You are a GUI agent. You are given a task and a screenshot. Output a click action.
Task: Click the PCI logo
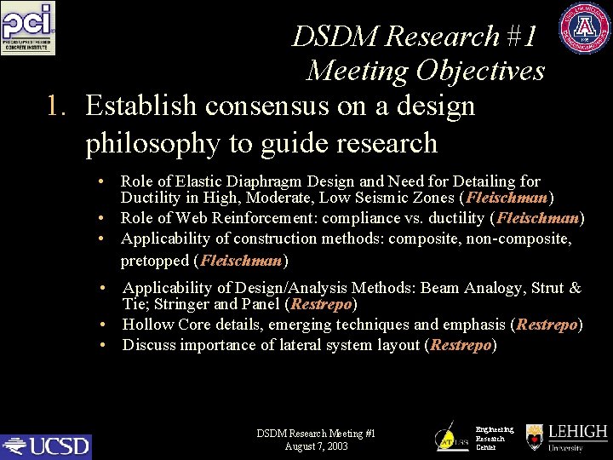(28, 28)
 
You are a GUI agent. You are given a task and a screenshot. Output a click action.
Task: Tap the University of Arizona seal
(585, 29)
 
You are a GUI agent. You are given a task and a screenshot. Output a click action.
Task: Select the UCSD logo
(46, 446)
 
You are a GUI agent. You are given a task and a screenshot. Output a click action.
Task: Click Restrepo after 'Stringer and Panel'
(321, 304)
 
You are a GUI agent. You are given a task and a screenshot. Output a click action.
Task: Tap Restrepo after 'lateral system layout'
(461, 345)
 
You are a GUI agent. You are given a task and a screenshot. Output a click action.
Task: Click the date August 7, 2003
(316, 446)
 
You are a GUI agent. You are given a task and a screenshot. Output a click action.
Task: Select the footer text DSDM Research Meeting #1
(316, 434)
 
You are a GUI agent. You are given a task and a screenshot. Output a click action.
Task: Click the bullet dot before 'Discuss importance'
(102, 345)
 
